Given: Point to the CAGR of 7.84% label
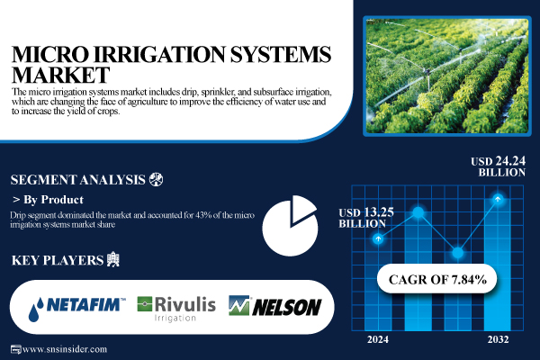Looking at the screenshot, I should click(x=437, y=280).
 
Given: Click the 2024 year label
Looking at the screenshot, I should click(x=379, y=339).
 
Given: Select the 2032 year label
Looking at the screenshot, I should click(x=497, y=339).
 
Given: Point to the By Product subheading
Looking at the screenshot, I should click(x=53, y=200).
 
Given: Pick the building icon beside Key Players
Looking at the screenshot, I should click(x=112, y=261).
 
